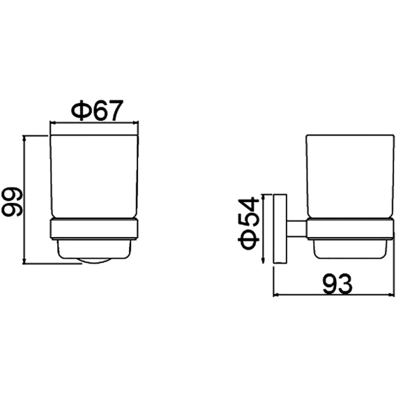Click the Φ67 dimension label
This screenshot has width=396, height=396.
tap(97, 110)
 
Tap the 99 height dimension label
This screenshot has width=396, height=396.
tap(12, 201)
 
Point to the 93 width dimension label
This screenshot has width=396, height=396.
tap(337, 284)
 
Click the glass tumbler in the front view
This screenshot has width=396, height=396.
tap(94, 176)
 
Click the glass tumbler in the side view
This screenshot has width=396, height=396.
tap(350, 176)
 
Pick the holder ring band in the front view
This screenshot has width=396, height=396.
tap(94, 229)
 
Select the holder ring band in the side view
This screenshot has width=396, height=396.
tap(350, 229)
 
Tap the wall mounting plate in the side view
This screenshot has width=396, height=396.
tap(280, 229)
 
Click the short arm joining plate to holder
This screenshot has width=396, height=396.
tap(297, 229)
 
